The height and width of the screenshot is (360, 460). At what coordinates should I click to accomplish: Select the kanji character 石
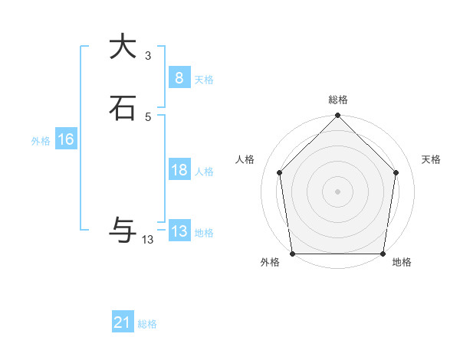coord(122,108)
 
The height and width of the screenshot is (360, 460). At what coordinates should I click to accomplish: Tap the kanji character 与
coord(122,229)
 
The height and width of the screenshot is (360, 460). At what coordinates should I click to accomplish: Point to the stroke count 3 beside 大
coord(147,55)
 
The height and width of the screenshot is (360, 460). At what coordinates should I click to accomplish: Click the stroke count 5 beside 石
coord(147,116)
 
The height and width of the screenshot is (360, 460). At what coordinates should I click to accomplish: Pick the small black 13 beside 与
coord(147,239)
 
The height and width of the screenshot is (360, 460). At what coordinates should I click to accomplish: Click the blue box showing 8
coord(179,77)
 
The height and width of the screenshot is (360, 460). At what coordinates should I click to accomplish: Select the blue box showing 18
coord(179,170)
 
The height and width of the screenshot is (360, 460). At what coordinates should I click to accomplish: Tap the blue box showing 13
coord(179,231)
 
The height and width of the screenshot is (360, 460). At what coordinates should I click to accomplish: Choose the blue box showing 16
coord(65,139)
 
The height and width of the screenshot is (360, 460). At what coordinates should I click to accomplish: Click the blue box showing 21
coord(122,322)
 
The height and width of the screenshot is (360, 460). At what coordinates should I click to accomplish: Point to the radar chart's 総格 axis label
coord(337,100)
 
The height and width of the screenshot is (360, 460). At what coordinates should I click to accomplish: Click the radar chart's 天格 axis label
coord(431,159)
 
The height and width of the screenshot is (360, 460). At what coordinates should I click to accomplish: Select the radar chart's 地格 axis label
coord(402,263)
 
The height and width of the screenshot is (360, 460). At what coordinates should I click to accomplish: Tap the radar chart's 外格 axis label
coord(270,263)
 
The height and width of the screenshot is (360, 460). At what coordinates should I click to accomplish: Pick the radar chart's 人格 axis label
coord(245,159)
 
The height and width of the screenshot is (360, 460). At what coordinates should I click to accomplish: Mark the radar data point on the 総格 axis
coord(337,116)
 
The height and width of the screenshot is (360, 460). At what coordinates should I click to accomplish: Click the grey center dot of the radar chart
coord(337,191)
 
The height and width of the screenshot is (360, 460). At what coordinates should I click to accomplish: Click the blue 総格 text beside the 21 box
coord(147,324)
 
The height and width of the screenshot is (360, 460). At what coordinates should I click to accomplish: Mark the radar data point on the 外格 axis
coord(292,254)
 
